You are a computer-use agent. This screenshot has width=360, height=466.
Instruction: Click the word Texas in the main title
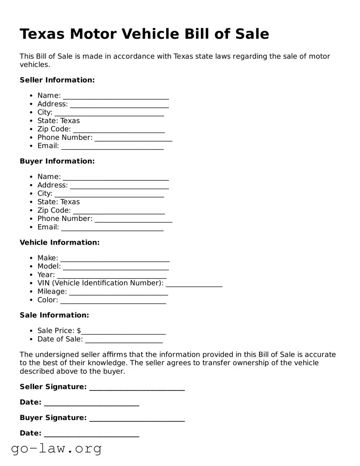42,34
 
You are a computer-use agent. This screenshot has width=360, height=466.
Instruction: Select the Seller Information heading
57,80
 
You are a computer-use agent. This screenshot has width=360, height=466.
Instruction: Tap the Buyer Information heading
57,161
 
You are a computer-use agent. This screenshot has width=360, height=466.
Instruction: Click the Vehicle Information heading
60,243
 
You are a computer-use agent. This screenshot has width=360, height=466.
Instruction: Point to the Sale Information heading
54,315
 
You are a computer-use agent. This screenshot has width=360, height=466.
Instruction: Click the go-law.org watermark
56,448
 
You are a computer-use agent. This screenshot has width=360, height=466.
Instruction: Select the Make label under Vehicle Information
48,258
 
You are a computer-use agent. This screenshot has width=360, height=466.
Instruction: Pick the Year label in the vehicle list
46,275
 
